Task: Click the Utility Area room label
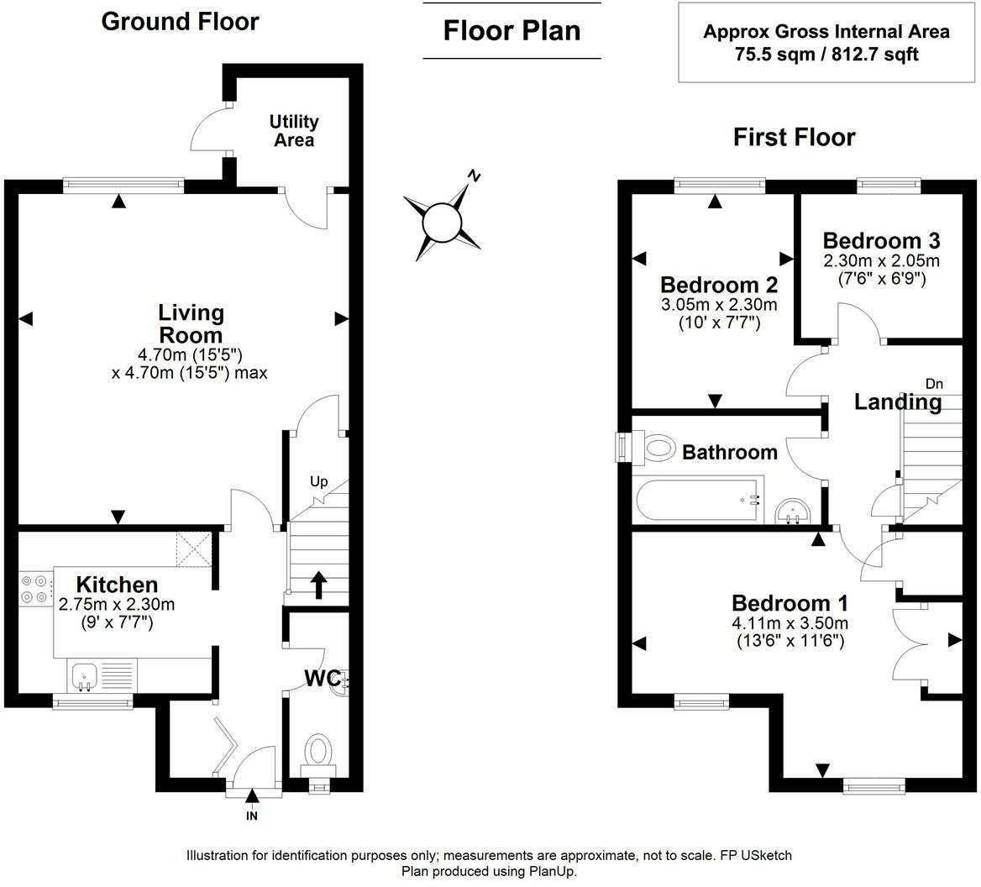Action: [x=294, y=130]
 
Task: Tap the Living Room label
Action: [x=191, y=323]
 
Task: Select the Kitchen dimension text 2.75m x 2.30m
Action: [x=117, y=604]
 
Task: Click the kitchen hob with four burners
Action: [x=35, y=589]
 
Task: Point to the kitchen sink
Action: [x=83, y=677]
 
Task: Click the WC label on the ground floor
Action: [x=323, y=678]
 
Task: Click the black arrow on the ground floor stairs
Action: [x=319, y=585]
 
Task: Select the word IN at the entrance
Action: [x=251, y=816]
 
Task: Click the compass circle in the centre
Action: [x=442, y=223]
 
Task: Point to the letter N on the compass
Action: [x=475, y=176]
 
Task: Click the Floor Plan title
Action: [x=511, y=30]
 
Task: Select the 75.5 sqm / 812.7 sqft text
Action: [x=826, y=55]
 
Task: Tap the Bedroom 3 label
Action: [x=882, y=240]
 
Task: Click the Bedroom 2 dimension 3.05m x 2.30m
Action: [x=719, y=305]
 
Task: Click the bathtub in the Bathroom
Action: [x=700, y=500]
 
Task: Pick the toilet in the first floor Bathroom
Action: [x=654, y=449]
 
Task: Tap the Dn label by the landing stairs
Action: [x=934, y=384]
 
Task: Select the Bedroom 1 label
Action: [x=790, y=603]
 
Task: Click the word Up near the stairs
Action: [x=319, y=481]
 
